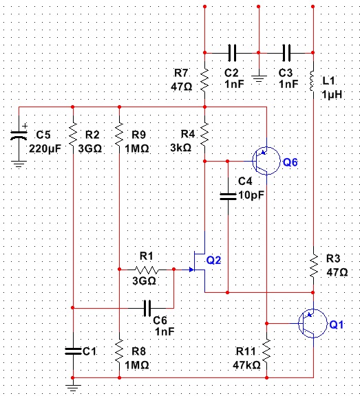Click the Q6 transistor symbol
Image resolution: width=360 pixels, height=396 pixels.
click(x=266, y=161)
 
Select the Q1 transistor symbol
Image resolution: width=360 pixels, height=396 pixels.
click(x=313, y=323)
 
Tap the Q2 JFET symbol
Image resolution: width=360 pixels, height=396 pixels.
click(x=198, y=263)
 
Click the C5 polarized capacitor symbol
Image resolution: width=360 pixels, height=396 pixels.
click(x=19, y=135)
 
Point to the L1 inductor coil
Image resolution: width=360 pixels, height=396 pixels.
click(x=313, y=81)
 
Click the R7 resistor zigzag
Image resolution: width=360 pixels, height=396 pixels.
click(x=204, y=80)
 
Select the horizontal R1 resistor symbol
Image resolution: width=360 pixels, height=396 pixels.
click(x=147, y=269)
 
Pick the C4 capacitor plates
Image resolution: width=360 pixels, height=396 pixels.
click(x=228, y=196)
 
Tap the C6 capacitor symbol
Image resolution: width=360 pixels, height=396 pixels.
click(x=147, y=308)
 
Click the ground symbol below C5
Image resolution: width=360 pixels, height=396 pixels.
click(x=19, y=164)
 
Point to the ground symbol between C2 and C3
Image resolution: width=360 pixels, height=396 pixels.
click(x=258, y=79)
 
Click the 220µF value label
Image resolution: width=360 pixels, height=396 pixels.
click(x=45, y=148)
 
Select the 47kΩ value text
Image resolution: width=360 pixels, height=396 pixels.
click(x=246, y=365)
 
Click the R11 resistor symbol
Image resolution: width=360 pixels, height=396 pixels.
click(x=266, y=351)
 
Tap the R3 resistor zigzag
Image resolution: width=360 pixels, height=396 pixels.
click(x=313, y=265)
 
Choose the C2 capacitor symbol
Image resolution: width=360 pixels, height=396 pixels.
click(x=232, y=53)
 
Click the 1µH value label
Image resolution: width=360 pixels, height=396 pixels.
click(x=332, y=95)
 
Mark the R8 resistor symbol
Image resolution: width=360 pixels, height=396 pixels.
click(x=119, y=352)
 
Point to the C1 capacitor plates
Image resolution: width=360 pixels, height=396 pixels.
click(x=74, y=351)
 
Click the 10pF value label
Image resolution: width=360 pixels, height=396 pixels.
click(x=251, y=195)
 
